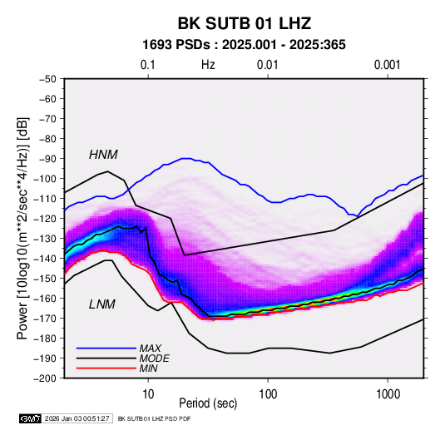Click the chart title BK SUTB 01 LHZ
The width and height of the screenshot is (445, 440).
point(245,23)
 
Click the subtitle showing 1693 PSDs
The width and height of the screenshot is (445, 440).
point(244,45)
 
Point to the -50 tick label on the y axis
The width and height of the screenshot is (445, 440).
point(47,79)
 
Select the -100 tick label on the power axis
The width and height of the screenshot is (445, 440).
point(45,179)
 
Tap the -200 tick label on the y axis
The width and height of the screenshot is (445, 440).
point(45,378)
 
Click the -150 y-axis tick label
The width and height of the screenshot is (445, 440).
point(45,278)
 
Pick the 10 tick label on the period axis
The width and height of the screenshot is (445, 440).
point(148,393)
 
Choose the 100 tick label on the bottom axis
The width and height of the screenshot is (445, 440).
point(268,393)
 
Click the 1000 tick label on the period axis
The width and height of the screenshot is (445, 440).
point(388,393)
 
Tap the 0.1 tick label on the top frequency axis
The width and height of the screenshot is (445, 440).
point(148,65)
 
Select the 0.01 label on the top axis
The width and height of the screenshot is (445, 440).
point(267,65)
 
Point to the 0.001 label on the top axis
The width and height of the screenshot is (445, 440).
point(387,65)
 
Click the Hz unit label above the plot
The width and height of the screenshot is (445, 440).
point(208,65)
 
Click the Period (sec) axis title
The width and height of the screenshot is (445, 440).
point(208,403)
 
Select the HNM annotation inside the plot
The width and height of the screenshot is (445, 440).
point(103,155)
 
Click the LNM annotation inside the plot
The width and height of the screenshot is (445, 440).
point(102,304)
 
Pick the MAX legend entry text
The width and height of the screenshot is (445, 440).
point(150,348)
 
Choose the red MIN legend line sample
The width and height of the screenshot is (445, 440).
point(106,368)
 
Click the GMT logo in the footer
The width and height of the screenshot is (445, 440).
point(30,418)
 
